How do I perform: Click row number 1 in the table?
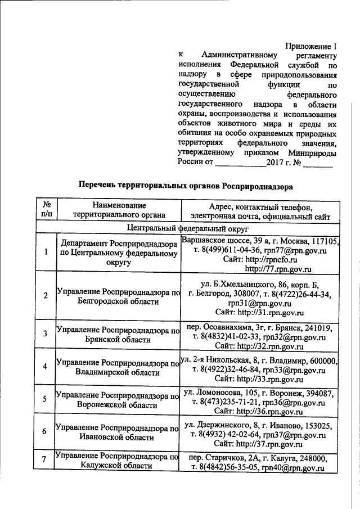click(x=46, y=251)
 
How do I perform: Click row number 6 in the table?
click(x=46, y=431)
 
